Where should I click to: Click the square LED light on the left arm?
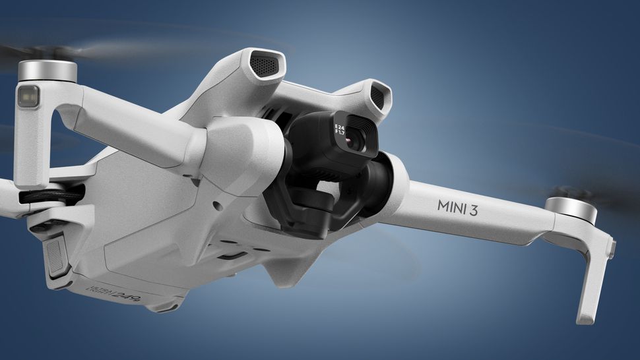[27, 97]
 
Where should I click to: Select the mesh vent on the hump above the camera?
[377, 97]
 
